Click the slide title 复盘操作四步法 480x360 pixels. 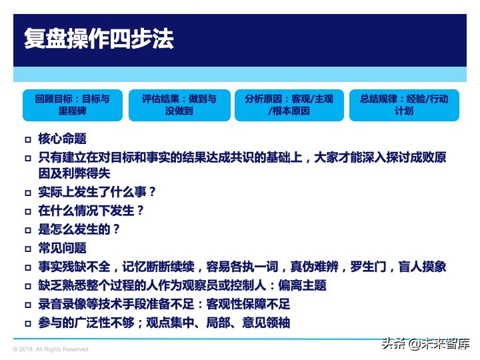[x=99, y=38]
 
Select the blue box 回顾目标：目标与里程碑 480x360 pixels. [x=72, y=105]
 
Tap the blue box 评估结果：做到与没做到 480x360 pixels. [x=179, y=105]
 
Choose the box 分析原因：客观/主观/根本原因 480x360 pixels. [x=289, y=105]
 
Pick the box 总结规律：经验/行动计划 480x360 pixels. [x=404, y=105]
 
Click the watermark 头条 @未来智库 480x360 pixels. [x=425, y=344]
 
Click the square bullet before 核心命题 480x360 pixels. [x=28, y=140]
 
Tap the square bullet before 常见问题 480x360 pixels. [x=28, y=249]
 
